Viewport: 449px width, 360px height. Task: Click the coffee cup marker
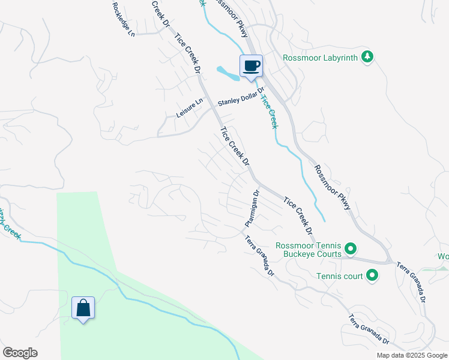point(251,66)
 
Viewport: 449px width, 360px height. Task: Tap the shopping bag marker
point(83,308)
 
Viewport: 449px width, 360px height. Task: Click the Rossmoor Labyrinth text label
point(321,58)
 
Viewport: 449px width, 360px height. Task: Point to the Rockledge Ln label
point(122,18)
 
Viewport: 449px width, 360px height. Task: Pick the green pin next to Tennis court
point(372,276)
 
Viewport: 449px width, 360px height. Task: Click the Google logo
point(20,353)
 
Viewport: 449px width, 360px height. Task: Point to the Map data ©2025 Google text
point(412,355)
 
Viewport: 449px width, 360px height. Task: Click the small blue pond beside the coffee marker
point(229,74)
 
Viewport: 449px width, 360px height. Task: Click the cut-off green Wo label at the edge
point(443,256)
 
